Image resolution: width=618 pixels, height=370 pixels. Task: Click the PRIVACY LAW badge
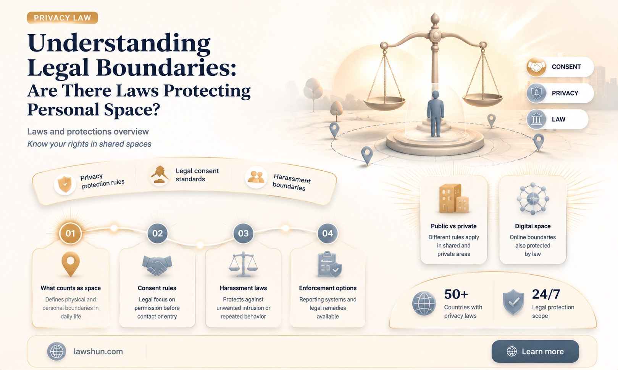click(62, 18)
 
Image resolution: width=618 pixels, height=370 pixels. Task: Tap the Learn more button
click(535, 351)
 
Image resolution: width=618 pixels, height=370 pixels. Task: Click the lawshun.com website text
click(98, 352)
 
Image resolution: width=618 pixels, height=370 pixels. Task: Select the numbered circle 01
click(70, 233)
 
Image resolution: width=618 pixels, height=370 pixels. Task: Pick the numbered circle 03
click(243, 233)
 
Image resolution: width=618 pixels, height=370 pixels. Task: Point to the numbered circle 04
click(328, 233)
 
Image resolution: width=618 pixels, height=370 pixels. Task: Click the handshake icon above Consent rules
click(157, 265)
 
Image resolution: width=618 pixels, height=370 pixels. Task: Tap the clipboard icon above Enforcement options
click(329, 264)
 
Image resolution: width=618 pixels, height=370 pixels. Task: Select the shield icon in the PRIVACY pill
click(536, 93)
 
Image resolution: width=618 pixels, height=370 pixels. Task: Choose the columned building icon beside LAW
click(536, 119)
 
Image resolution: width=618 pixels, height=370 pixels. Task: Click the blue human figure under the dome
click(436, 114)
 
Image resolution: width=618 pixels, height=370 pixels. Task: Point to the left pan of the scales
click(385, 103)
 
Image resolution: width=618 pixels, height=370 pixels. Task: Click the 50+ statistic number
click(456, 294)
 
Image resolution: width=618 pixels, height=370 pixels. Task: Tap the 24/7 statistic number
click(546, 294)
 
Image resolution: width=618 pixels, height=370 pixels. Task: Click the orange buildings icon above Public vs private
click(454, 199)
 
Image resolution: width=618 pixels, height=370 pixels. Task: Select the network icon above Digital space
click(533, 199)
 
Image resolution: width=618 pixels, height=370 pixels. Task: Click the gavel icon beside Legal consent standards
click(160, 175)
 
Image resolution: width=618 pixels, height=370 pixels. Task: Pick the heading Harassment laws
click(243, 288)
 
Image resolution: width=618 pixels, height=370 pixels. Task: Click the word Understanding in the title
click(119, 43)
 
